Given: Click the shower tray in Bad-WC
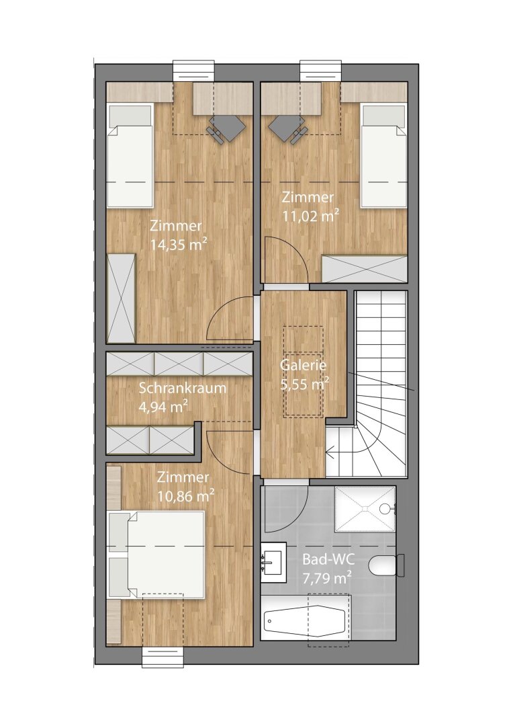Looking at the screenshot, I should pos(365,508).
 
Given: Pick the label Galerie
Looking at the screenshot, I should pos(304,366).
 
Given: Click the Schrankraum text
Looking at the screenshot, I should pos(182,389).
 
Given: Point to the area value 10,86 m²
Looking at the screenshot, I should pos(186,496).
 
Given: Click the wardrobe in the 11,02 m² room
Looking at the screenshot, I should pos(365,269).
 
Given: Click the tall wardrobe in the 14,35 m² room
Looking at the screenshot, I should pos(122,298).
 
